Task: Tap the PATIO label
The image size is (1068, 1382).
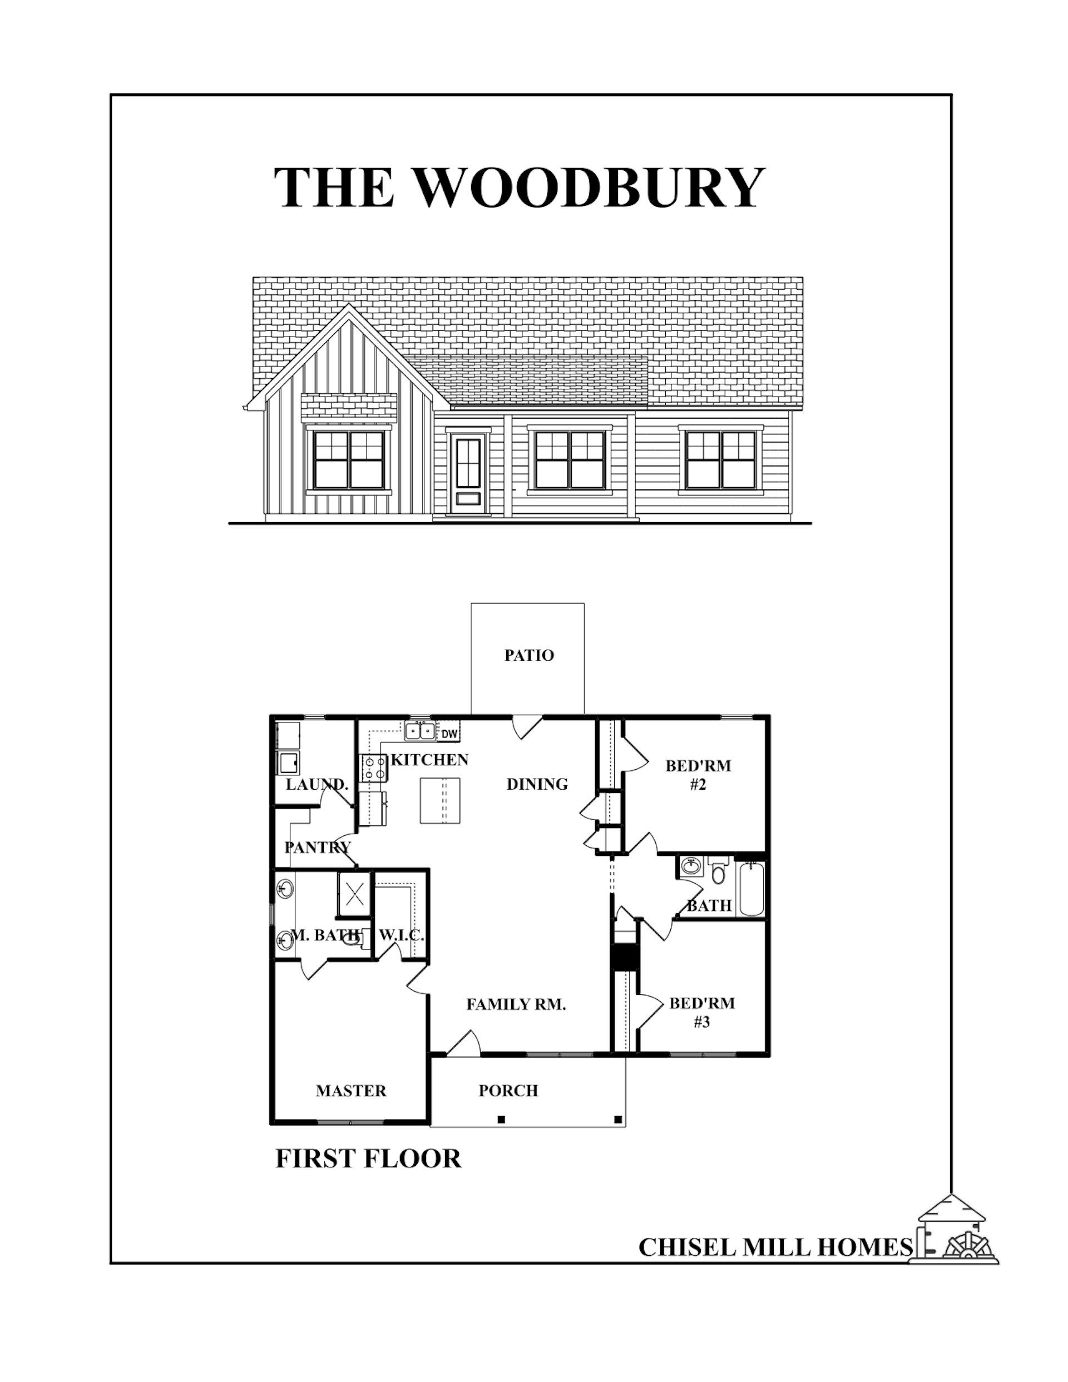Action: [x=528, y=655]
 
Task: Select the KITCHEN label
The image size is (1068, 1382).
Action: [x=429, y=759]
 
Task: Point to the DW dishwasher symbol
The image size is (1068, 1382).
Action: [x=448, y=734]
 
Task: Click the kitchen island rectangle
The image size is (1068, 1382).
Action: [x=440, y=800]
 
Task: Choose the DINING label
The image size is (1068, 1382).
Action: [x=537, y=784]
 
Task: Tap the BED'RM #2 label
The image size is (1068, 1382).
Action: [x=698, y=775]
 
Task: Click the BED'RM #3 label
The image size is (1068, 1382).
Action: [x=702, y=1013]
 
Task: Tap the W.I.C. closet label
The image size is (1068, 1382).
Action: [x=400, y=935]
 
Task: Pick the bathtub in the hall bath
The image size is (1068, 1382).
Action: [x=751, y=887]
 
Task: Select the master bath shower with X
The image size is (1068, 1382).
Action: [x=353, y=894]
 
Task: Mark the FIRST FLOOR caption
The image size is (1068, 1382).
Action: [x=368, y=1158]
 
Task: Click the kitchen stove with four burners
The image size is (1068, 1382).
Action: [x=373, y=768]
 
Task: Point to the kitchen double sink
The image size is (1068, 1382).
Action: [x=421, y=731]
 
